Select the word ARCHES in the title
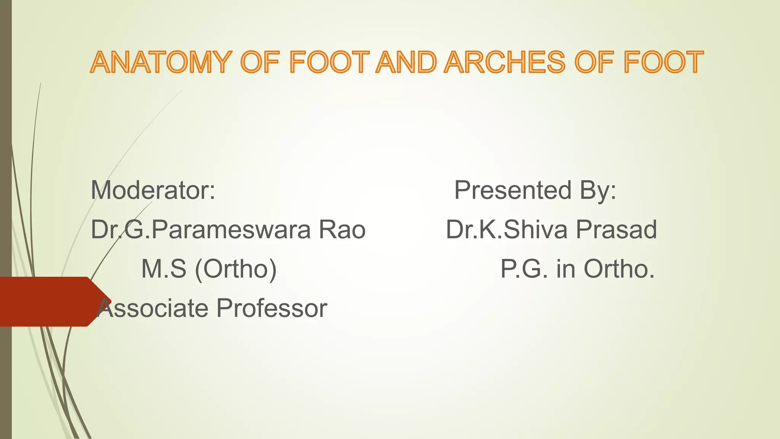[505, 62]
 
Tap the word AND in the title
[406, 62]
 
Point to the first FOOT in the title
[329, 62]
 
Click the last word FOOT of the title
[663, 62]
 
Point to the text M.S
[164, 269]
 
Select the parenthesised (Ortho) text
[236, 269]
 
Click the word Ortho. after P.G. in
[619, 269]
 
